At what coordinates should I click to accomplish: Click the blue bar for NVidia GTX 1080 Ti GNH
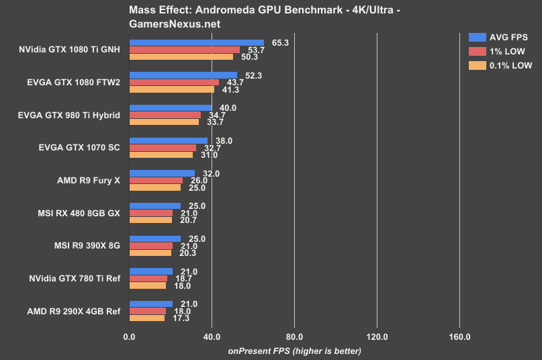pos(196,42)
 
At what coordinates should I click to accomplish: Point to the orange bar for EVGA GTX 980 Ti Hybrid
pos(164,122)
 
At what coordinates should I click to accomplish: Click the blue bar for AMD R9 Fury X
pos(162,173)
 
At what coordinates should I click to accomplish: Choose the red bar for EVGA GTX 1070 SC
pos(163,148)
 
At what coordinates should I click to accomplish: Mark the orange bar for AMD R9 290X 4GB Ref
pos(146,318)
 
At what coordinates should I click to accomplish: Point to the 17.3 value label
pos(179,318)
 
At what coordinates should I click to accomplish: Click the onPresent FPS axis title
pos(294,351)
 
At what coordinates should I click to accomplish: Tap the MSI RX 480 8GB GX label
pos(79,213)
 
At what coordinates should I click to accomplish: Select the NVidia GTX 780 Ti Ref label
pos(75,278)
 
